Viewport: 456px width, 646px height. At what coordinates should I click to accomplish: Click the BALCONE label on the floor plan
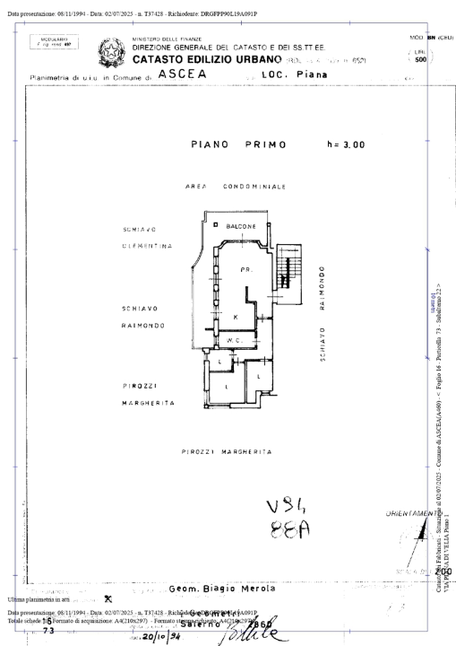(241, 226)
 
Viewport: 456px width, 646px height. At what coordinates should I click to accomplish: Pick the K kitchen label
(235, 318)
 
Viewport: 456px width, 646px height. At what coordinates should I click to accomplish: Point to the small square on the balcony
(215, 224)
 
